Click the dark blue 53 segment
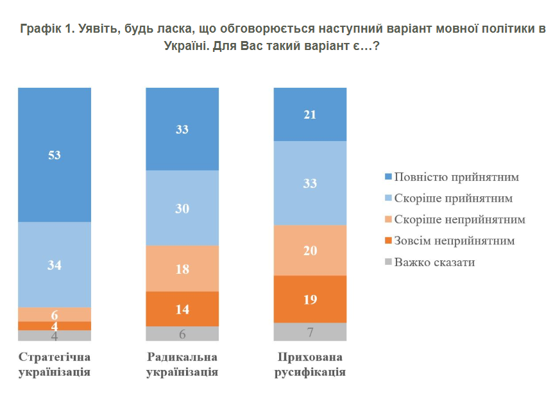coord(55,155)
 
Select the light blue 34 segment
coord(55,264)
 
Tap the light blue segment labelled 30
coord(182,208)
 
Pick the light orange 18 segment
coord(182,269)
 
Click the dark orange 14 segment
coord(182,308)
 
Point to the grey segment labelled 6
coord(182,333)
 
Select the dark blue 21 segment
coord(310,114)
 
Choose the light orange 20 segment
coord(310,250)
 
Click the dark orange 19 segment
coord(310,299)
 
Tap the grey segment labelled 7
coord(310,331)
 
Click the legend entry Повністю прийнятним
coord(456,176)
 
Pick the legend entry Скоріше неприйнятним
coord(459,219)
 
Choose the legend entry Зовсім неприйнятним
coord(454,240)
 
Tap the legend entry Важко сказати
coord(434,262)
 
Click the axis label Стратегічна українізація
coord(55,364)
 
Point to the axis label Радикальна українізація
coord(182,364)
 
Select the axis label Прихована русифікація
coord(310,364)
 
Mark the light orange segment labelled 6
coord(55,314)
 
